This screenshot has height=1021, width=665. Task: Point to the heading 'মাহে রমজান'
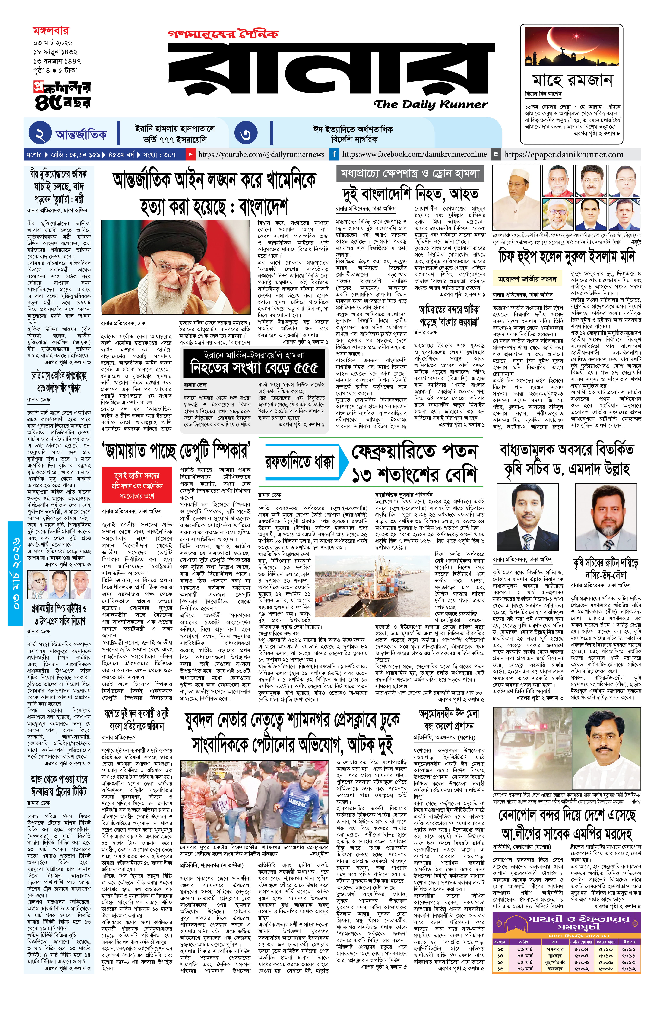point(572,80)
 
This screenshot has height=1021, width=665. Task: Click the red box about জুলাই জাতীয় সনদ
point(137,485)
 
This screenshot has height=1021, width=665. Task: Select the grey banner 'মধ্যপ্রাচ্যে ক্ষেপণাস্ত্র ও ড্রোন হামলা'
point(409,173)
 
